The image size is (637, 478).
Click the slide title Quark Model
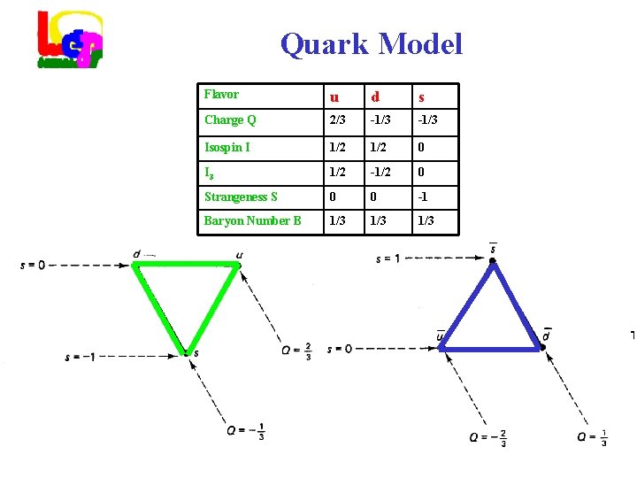click(x=371, y=43)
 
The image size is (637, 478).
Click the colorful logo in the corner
click(x=70, y=40)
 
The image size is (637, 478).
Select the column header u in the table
click(x=334, y=96)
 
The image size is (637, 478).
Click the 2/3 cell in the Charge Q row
click(x=336, y=120)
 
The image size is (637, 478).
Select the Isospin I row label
click(x=227, y=147)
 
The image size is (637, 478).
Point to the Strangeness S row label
click(x=241, y=197)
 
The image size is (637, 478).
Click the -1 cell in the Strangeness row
click(x=424, y=197)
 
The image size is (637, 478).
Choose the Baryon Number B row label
click(x=252, y=220)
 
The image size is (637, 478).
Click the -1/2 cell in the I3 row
click(x=380, y=173)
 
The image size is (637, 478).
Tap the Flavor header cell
click(x=221, y=94)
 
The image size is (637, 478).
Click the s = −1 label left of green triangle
click(x=81, y=358)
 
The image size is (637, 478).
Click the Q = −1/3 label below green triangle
click(x=246, y=431)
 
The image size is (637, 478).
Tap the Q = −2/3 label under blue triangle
click(x=489, y=438)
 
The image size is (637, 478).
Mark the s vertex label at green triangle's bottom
click(x=196, y=354)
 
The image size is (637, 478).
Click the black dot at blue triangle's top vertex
click(x=493, y=261)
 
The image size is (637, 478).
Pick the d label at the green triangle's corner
click(x=136, y=254)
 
